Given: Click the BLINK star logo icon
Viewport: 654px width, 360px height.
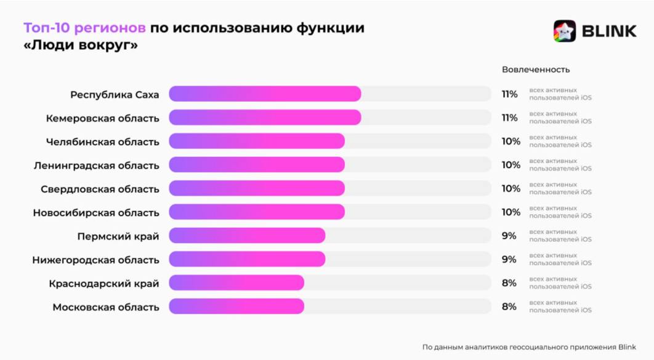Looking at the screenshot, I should (x=564, y=31).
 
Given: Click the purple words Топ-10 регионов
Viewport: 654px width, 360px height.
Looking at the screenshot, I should (x=85, y=28).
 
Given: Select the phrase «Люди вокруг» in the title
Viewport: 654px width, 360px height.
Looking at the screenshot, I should (x=80, y=46).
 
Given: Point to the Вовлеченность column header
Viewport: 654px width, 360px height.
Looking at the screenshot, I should (x=536, y=70).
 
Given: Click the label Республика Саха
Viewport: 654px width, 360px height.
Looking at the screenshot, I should (x=115, y=95).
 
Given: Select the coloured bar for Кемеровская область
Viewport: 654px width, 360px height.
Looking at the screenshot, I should (x=265, y=118).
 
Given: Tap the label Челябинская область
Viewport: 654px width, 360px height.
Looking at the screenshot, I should (x=102, y=142).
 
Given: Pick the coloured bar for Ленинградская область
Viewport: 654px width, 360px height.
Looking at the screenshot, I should (x=257, y=165).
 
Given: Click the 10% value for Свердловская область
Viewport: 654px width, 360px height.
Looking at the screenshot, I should (x=511, y=188).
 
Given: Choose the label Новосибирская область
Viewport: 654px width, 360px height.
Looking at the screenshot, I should (x=96, y=212).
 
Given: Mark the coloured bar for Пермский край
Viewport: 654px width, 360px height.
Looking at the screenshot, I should (x=247, y=236).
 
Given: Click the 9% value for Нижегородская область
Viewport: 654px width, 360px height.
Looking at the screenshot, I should (x=509, y=259).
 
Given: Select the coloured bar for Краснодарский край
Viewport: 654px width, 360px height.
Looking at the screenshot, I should (x=236, y=283).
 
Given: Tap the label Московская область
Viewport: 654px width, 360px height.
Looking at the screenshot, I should (x=106, y=307).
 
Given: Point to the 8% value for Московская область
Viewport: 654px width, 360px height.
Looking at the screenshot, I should (x=509, y=306).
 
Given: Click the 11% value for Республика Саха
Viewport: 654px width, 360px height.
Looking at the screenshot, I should (x=509, y=94).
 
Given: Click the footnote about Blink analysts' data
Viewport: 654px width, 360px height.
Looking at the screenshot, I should (x=529, y=346).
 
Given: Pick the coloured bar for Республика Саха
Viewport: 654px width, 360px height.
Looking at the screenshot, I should (x=265, y=94).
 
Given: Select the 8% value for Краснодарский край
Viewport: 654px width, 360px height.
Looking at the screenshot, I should (x=509, y=283).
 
